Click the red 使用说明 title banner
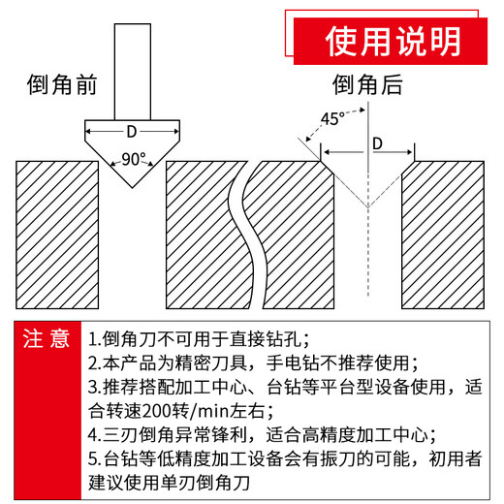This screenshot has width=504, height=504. [x=393, y=40]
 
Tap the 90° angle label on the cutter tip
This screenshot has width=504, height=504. [x=133, y=158]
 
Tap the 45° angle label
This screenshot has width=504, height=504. [x=332, y=120]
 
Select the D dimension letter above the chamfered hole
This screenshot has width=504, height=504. [x=378, y=143]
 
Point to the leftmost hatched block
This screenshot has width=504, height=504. [x=57, y=233]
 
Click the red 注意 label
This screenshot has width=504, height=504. [x=47, y=338]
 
